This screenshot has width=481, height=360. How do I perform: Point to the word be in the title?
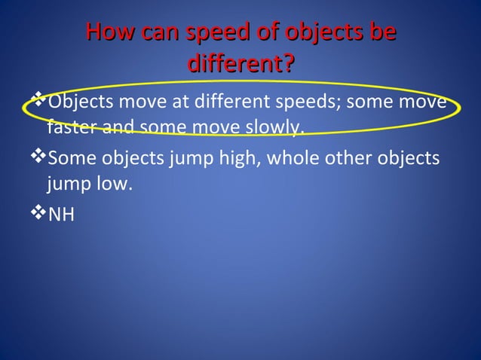tap(378, 34)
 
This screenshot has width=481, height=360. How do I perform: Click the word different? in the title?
tap(240, 65)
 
